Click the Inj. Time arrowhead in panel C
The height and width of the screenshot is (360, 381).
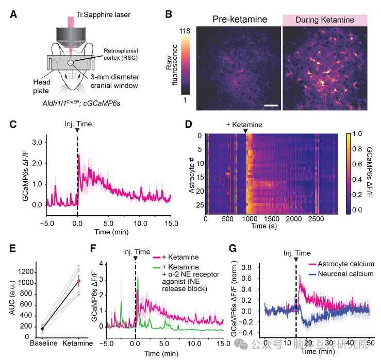[x=77, y=130]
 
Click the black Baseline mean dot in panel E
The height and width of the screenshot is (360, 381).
[x=28, y=328]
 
